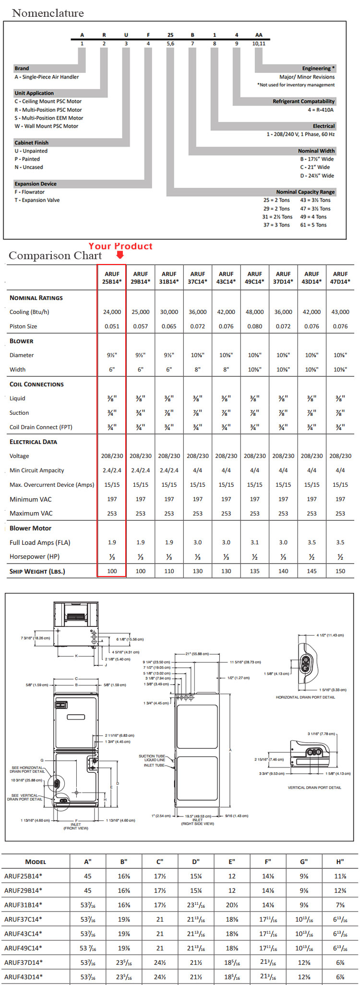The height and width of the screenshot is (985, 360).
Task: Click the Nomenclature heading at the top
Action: click(48, 13)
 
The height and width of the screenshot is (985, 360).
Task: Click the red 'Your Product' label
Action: click(120, 246)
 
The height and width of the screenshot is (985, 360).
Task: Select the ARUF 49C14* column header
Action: click(254, 277)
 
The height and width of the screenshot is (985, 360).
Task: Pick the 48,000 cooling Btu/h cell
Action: click(254, 312)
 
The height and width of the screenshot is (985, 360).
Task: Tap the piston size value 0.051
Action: click(112, 326)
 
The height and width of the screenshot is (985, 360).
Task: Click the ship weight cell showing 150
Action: click(340, 571)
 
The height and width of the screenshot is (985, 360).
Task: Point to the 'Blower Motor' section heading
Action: click(30, 528)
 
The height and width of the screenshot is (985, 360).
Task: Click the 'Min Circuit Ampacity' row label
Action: click(36, 470)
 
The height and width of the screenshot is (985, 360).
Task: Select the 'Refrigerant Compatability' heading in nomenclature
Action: click(303, 101)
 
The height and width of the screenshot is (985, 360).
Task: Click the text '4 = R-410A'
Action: click(321, 110)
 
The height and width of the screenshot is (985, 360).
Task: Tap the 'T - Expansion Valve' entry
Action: click(37, 200)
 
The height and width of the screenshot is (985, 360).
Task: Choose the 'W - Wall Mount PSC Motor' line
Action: click(46, 126)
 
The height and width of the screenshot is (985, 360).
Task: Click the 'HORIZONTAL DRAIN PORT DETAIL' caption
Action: click(305, 697)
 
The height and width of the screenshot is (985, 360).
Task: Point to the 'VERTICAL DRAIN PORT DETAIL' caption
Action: click(314, 787)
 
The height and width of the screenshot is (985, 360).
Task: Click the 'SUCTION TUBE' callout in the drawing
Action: click(152, 756)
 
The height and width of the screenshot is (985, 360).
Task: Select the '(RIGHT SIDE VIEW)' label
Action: click(197, 824)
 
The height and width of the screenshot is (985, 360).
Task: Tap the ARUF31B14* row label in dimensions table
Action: click(23, 905)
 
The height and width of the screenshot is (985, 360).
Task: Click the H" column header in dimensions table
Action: click(340, 862)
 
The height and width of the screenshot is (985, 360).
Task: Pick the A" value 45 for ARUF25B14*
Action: click(88, 876)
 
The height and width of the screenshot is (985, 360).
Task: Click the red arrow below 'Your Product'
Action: click(120, 255)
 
